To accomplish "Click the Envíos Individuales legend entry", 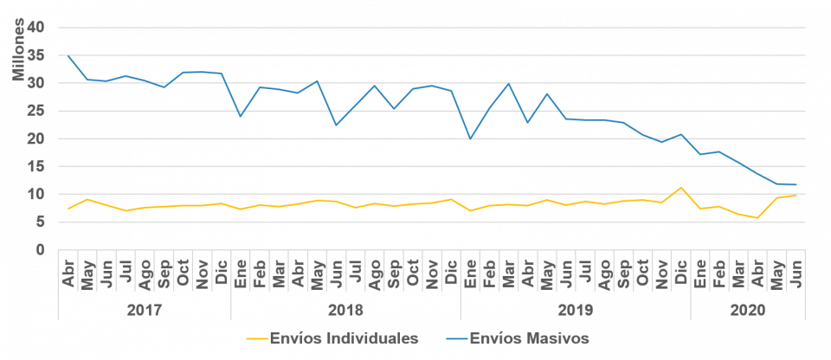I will coord(342,338).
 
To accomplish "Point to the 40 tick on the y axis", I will coord(35,28).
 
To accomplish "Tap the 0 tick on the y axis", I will coord(40,249).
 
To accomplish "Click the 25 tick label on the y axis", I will coord(35,111).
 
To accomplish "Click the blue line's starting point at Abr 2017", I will coord(68,56).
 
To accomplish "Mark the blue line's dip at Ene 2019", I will coord(470,138).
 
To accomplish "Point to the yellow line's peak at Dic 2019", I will coord(680,187).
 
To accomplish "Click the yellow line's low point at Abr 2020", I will coord(757,217).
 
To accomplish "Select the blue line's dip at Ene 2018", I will coord(241,116).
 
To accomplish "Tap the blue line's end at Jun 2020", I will coord(796,184).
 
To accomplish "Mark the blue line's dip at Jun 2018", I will coord(336,125).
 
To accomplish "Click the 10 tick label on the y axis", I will coord(35,194).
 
